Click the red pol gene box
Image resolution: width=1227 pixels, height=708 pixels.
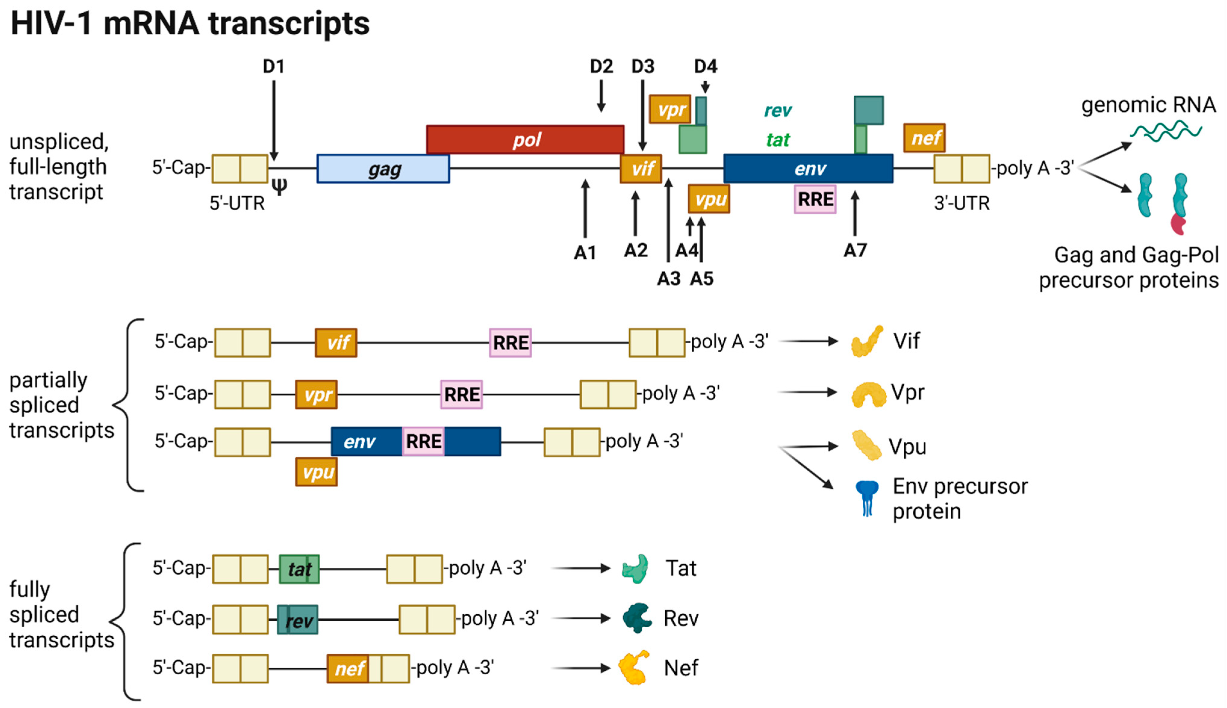pos(525,139)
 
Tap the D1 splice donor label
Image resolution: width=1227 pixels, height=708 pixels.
pos(274,67)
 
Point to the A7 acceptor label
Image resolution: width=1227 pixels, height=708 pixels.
pos(855,251)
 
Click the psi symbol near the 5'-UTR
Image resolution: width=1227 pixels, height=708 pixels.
pos(279,186)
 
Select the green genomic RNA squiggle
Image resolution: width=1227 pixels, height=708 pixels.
pos(1165,131)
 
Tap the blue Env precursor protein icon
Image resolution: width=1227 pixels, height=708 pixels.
pos(867,497)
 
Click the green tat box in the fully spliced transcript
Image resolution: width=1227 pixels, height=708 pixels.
pos(299,569)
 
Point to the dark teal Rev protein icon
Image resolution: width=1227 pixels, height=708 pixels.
pos(637,618)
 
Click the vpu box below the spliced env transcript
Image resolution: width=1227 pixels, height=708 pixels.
pos(316,472)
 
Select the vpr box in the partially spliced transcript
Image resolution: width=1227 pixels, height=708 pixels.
pos(316,395)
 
